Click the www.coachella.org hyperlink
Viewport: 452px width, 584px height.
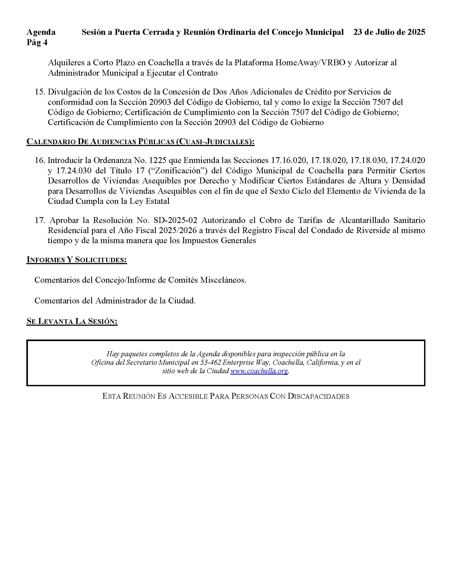(259, 371)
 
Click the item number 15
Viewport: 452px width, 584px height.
(39, 92)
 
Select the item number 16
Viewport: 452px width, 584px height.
(39, 160)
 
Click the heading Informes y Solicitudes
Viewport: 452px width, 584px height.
(77, 260)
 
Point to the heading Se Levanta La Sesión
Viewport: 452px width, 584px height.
(72, 321)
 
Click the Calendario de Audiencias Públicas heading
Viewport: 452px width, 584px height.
(140, 142)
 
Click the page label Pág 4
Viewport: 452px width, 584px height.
(37, 42)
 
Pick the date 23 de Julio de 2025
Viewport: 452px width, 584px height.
(389, 32)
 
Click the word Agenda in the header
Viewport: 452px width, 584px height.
(41, 32)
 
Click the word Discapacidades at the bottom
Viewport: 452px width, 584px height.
(318, 396)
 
